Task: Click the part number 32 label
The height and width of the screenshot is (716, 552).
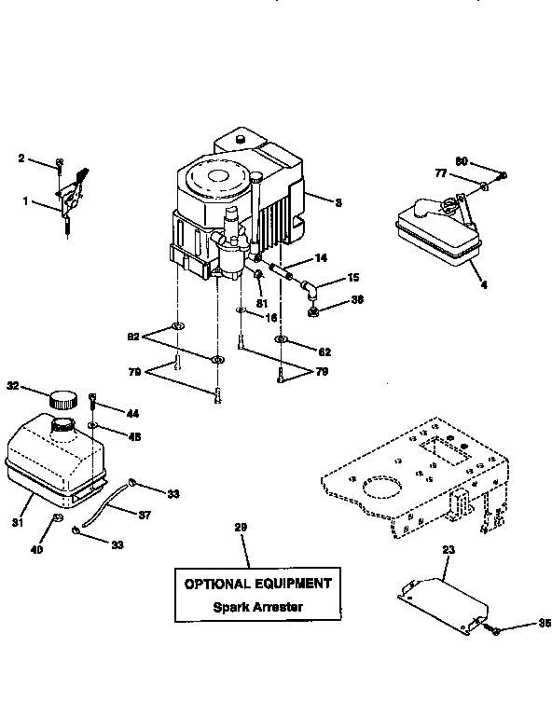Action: [x=13, y=384]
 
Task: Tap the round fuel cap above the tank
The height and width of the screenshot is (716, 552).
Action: [x=62, y=399]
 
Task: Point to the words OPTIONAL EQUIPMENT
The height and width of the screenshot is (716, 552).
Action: [x=257, y=584]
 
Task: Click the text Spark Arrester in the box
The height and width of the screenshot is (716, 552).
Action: [x=257, y=606]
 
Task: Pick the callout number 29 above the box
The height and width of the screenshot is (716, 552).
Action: [x=241, y=529]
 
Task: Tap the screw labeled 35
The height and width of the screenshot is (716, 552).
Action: [x=495, y=630]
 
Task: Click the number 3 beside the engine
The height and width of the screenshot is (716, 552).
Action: [x=338, y=201]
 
